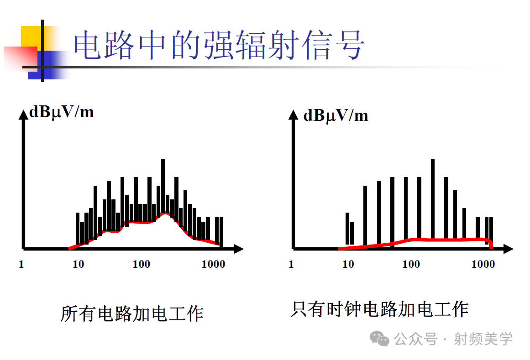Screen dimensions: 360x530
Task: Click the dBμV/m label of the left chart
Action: (x=62, y=112)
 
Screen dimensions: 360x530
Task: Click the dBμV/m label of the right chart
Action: (x=336, y=115)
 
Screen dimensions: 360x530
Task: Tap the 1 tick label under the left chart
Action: (x=21, y=264)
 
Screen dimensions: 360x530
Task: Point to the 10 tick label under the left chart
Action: (x=79, y=264)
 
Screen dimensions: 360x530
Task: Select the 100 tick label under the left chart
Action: (x=141, y=264)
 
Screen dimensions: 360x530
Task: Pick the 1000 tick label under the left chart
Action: (x=213, y=264)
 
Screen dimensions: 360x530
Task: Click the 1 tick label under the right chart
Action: (x=291, y=264)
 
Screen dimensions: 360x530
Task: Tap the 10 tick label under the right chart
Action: (x=348, y=264)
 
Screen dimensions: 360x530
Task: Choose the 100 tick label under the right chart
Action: (x=411, y=264)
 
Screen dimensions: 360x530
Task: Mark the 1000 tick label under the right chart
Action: (x=483, y=264)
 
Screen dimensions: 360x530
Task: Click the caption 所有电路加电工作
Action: (x=132, y=314)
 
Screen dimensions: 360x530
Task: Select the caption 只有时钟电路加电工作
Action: (x=379, y=309)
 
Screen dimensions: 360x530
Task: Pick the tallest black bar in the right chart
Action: (x=433, y=196)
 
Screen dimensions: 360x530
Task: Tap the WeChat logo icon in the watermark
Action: (x=380, y=339)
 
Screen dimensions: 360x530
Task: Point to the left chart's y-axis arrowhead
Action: (x=23, y=114)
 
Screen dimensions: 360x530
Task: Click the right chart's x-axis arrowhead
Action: (x=509, y=249)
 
